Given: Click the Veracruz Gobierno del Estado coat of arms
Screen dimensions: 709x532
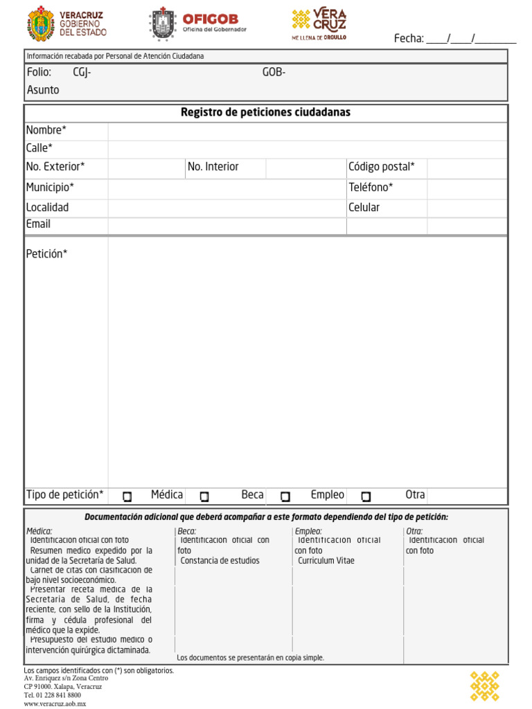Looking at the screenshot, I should (40, 25).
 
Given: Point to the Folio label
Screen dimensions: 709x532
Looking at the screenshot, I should (39, 72).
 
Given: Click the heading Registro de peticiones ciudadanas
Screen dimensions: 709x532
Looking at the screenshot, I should (265, 112).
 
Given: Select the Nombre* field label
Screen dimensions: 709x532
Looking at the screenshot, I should (46, 130).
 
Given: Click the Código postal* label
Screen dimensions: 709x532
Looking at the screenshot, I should (381, 167).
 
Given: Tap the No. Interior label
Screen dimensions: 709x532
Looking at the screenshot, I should (213, 167).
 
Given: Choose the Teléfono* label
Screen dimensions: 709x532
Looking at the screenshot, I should (371, 187).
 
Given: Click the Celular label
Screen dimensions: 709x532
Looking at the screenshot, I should (364, 207).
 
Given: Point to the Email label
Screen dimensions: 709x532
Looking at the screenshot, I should (38, 224).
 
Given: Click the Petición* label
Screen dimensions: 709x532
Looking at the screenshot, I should (46, 254).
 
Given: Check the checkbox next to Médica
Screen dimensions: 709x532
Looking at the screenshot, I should (127, 496).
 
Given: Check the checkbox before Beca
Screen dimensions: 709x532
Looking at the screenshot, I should (204, 496).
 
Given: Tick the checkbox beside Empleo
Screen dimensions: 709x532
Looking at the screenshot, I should (285, 496).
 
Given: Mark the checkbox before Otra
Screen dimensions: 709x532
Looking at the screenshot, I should (366, 496).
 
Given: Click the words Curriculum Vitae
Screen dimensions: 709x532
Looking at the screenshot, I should (326, 561).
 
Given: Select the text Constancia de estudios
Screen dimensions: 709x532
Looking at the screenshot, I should (220, 561).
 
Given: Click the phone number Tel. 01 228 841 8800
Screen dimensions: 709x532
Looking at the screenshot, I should (52, 695).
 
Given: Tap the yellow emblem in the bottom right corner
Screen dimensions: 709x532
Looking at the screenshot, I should (484, 685).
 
